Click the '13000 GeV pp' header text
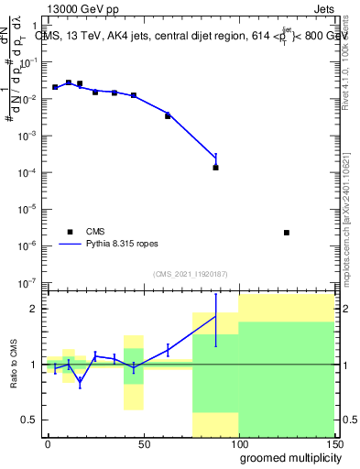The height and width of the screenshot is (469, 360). pyautogui.click(x=82, y=9)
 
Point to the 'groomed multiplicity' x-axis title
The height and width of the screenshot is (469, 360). pyautogui.click(x=286, y=456)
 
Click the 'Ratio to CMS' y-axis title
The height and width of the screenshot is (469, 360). pyautogui.click(x=14, y=363)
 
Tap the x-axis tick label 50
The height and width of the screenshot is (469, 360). pyautogui.click(x=144, y=443)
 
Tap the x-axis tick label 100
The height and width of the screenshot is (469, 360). pyautogui.click(x=238, y=443)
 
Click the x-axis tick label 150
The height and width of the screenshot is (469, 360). pyautogui.click(x=333, y=443)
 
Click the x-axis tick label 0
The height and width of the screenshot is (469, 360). pyautogui.click(x=48, y=443)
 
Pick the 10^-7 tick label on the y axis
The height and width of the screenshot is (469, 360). pyautogui.click(x=30, y=283)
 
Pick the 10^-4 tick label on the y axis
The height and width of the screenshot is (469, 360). pyautogui.click(x=30, y=173)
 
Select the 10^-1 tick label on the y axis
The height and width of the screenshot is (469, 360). pyautogui.click(x=30, y=63)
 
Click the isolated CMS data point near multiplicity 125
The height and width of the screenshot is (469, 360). pyautogui.click(x=287, y=233)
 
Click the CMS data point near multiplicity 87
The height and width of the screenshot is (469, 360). pyautogui.click(x=215, y=168)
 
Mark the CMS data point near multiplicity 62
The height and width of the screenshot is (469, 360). pyautogui.click(x=168, y=115)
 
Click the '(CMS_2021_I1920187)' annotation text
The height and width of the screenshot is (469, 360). pyautogui.click(x=190, y=273)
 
